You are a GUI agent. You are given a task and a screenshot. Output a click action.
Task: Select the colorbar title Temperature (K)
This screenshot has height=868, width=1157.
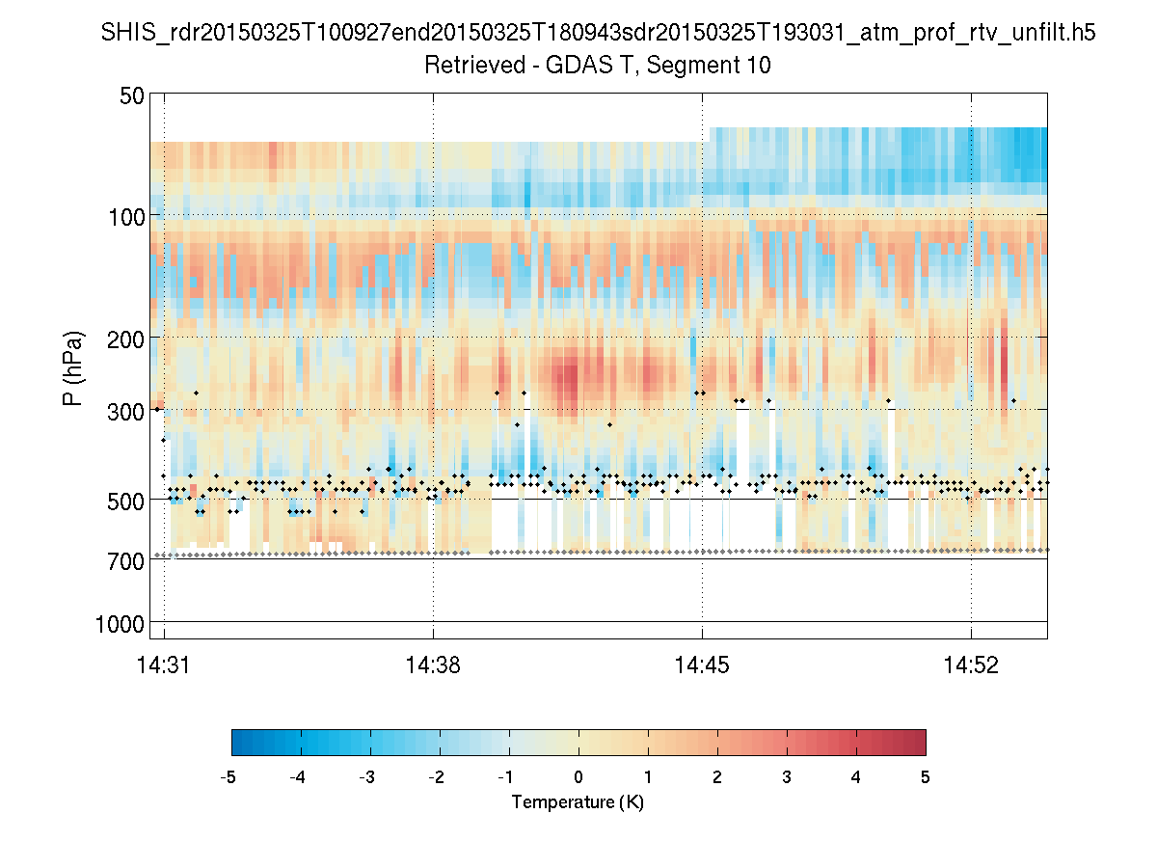578,802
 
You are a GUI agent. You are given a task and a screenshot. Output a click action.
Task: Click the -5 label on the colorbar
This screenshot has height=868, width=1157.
229,776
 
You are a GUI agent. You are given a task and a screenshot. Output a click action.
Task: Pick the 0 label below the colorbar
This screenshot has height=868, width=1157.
578,776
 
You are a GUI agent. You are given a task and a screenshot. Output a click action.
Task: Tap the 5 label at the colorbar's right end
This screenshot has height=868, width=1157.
926,776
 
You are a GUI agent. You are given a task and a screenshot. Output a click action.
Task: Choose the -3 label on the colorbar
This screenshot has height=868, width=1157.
366,776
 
